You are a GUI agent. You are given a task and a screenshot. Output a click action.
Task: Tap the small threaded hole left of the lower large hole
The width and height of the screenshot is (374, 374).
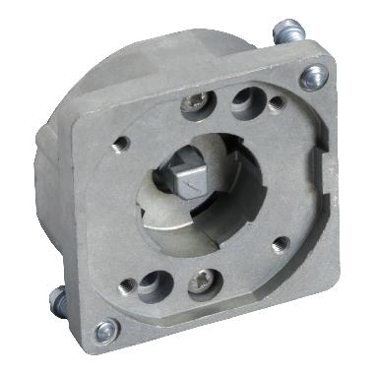tap(126, 285)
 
